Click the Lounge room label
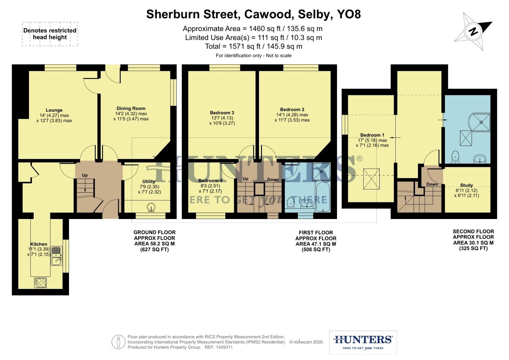(54, 110)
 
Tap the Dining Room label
(131, 108)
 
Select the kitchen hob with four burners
(41, 283)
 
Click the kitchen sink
(56, 255)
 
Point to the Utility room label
(149, 182)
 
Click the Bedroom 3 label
(222, 113)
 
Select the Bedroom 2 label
(292, 110)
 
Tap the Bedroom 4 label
(210, 181)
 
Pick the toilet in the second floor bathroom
(455, 157)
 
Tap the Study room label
(466, 185)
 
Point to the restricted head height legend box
(50, 34)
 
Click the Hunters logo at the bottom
(363, 342)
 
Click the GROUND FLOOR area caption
(154, 241)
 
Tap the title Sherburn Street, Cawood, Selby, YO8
(253, 14)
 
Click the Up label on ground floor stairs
(85, 175)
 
